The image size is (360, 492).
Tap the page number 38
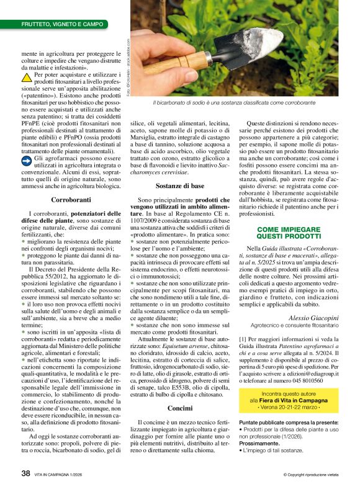(x=26, y=474)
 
